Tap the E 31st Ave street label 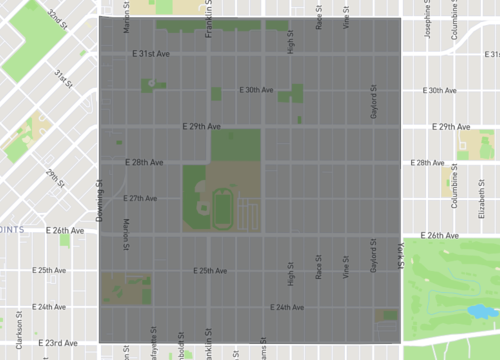point(153,54)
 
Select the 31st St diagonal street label point(65,77)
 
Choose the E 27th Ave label point(141,198)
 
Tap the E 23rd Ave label point(57,343)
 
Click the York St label point(398,254)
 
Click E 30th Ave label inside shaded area point(256,90)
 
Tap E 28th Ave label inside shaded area point(144,162)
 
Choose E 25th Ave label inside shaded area point(211,271)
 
